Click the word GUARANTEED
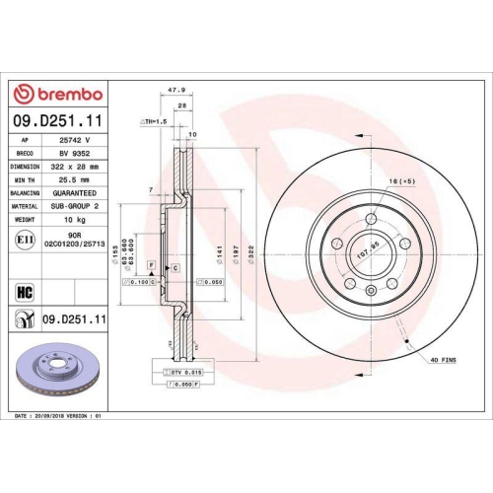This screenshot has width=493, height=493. point(83,193)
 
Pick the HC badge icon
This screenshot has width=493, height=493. point(24,292)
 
